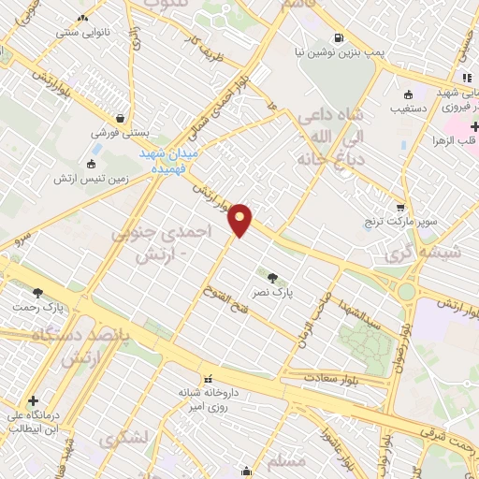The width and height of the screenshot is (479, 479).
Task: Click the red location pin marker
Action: tap(240, 220)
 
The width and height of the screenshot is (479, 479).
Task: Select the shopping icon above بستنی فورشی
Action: tap(122, 119)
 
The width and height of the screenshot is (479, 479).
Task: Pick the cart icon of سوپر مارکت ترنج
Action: tap(400, 208)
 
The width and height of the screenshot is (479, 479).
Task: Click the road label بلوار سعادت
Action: tap(333, 379)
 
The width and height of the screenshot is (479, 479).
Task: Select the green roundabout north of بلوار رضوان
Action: tap(406, 291)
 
